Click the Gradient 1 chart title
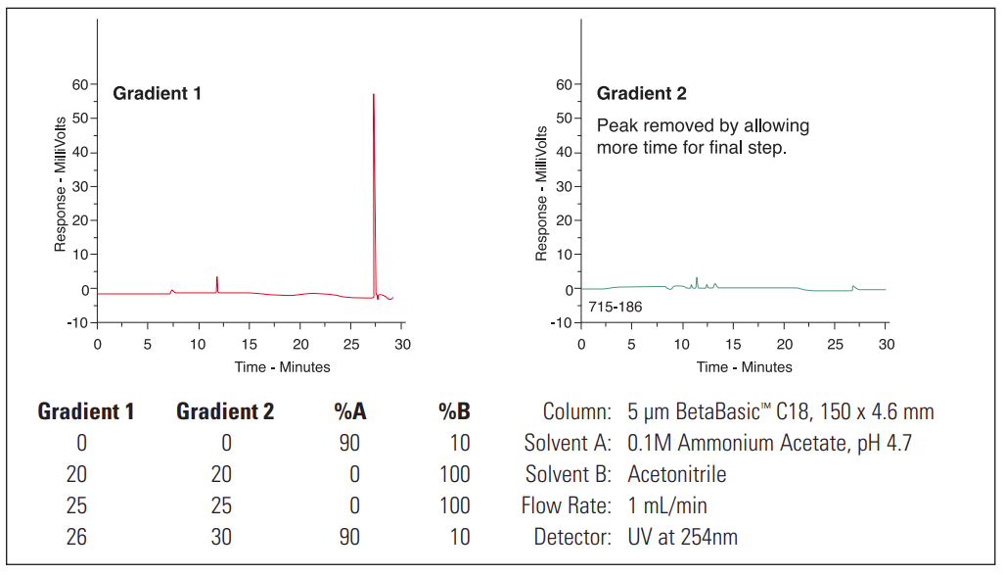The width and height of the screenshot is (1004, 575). [x=157, y=94]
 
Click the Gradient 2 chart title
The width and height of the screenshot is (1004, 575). [x=641, y=94]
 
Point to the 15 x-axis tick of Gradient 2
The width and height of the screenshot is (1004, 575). [x=734, y=344]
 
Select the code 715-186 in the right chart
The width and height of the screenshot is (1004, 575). [x=616, y=308]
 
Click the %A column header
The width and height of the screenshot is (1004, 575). [x=347, y=411]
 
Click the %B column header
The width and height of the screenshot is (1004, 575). [x=454, y=411]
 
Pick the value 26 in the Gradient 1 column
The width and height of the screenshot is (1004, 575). [x=76, y=537]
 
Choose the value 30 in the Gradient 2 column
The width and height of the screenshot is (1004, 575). [x=221, y=537]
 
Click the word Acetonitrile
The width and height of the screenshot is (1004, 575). [x=677, y=474]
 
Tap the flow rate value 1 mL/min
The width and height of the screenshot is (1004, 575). [x=667, y=505]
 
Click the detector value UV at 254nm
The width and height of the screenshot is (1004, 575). [x=683, y=537]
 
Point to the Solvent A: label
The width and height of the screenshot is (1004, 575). [x=568, y=443]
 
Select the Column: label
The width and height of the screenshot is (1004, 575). [x=577, y=411]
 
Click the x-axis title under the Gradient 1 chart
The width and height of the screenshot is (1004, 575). [x=282, y=367]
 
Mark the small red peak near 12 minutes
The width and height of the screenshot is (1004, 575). [x=217, y=283]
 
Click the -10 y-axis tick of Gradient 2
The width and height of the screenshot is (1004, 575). [x=562, y=323]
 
